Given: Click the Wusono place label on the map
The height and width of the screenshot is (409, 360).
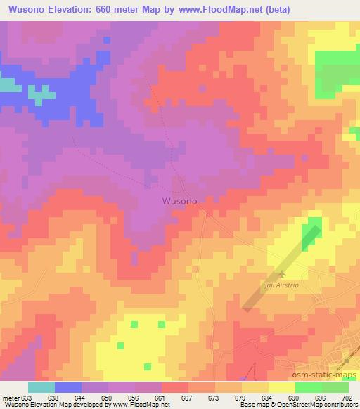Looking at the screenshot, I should pyautogui.click(x=179, y=200).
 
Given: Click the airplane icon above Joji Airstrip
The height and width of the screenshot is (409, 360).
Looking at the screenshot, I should pyautogui.click(x=283, y=274).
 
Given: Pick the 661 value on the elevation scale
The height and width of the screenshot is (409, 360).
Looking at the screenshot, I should pyautogui.click(x=160, y=398).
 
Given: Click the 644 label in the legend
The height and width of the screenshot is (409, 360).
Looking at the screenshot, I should pyautogui.click(x=79, y=398).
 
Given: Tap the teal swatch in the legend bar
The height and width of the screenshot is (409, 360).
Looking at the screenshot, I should pyautogui.click(x=41, y=387).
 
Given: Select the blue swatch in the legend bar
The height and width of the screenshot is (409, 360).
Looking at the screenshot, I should pyautogui.click(x=68, y=387).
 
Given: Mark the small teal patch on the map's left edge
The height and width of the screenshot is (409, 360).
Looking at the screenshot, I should pyautogui.click(x=6, y=85).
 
